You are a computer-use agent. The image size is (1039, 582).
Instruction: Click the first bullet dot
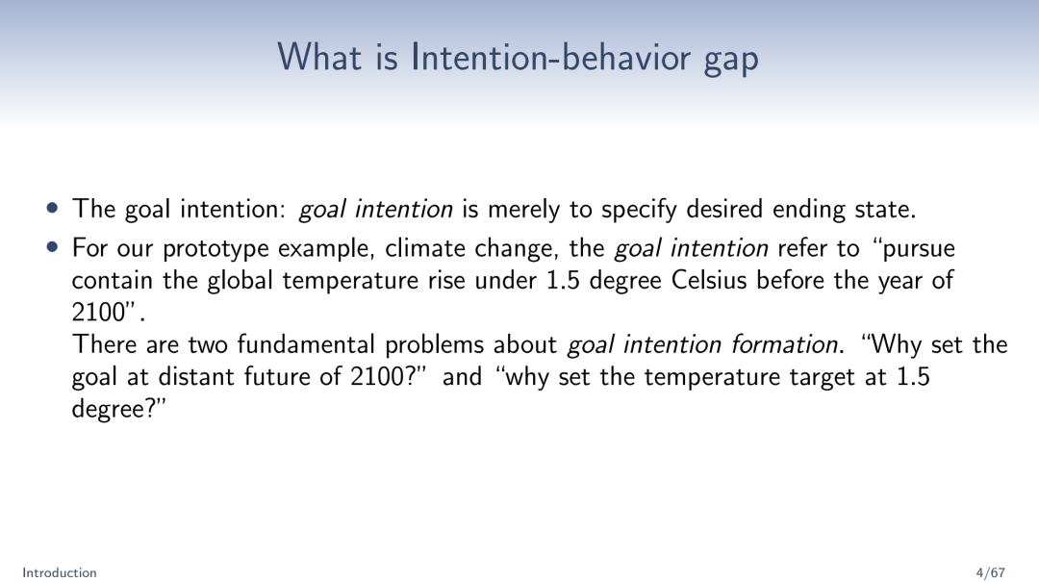coord(53,209)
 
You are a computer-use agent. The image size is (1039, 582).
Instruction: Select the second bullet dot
coord(53,248)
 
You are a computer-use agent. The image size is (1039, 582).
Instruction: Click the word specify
coord(639,210)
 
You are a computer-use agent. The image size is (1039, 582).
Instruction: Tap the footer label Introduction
coord(60,572)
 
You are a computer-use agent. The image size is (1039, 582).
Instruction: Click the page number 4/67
coord(991,572)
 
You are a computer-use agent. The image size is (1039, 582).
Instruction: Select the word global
coord(240,281)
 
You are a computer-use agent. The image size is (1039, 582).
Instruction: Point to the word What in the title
coord(318,57)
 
